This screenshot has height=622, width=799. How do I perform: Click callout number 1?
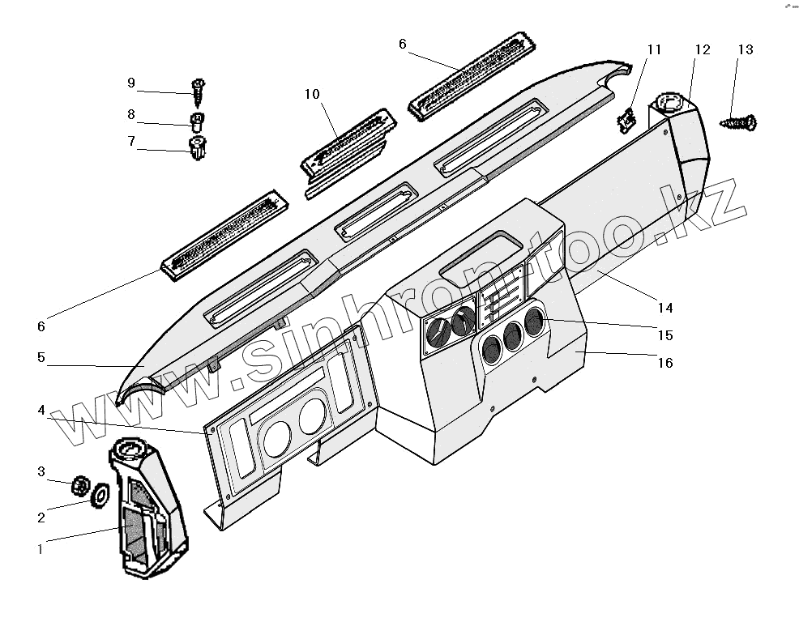point(40,549)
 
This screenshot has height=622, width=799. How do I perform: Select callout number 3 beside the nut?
point(41,472)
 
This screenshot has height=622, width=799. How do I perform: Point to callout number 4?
point(41,411)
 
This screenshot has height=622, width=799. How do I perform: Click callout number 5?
point(41,356)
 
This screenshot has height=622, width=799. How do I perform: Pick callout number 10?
point(312,95)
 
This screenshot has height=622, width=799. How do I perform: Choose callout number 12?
point(702,50)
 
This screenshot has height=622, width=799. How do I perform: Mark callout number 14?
point(665,308)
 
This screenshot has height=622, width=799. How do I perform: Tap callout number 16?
point(665,363)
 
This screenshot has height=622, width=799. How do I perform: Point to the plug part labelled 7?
point(197,149)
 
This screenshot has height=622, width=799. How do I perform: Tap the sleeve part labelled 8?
point(196,122)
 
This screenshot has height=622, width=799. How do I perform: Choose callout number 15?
point(665,335)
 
